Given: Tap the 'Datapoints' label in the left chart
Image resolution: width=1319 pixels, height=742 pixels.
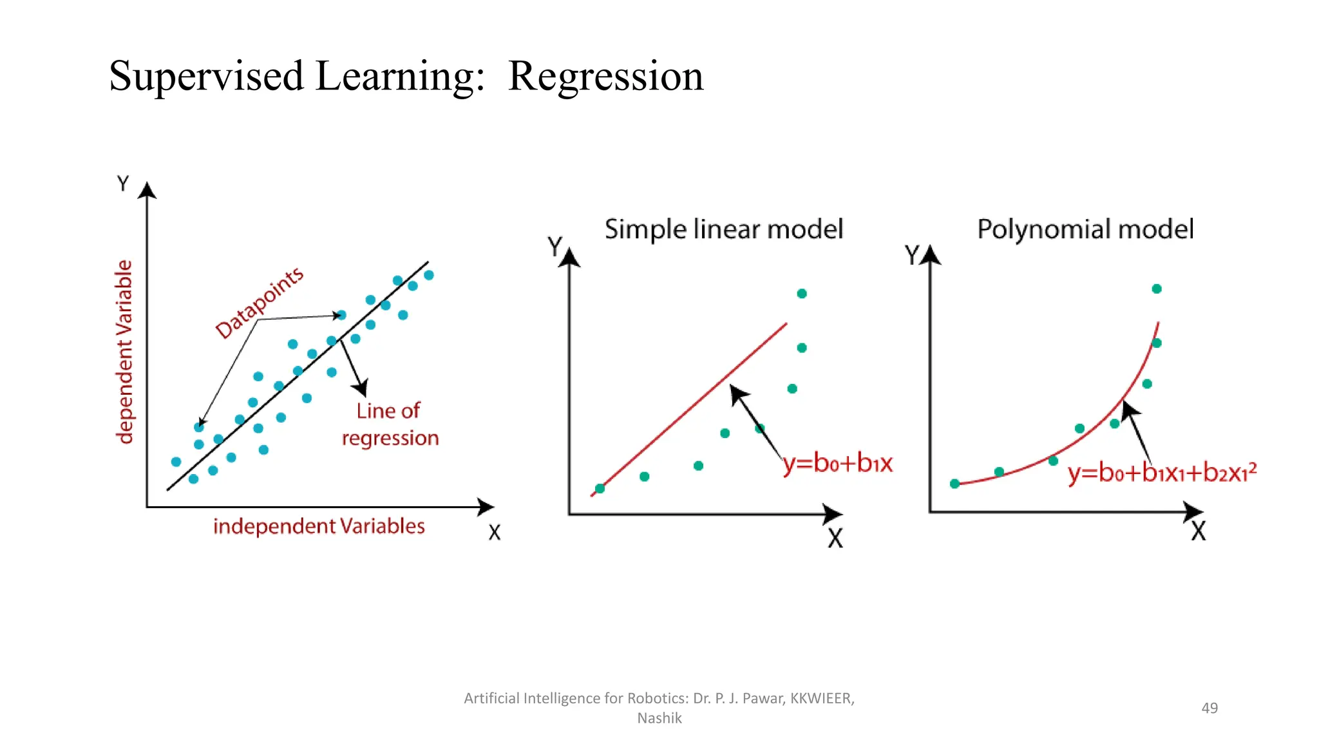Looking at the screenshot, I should pyautogui.click(x=259, y=303).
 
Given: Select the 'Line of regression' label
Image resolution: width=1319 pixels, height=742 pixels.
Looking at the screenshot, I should pyautogui.click(x=390, y=424).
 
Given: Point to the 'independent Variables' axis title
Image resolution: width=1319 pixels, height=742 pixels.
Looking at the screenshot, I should pyautogui.click(x=319, y=526).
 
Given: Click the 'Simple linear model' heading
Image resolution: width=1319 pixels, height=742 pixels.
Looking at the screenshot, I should pyautogui.click(x=723, y=229).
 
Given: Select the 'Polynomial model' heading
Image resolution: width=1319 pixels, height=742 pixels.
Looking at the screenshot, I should pyautogui.click(x=1085, y=229).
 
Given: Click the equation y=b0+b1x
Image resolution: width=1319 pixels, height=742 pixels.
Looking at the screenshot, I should pyautogui.click(x=838, y=463).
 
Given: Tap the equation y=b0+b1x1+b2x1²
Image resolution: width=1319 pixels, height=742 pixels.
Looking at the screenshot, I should pyautogui.click(x=1162, y=473).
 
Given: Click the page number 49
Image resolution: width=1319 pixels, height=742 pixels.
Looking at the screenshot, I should pyautogui.click(x=1210, y=708).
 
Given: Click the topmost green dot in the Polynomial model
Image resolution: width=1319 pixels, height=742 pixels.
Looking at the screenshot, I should pyautogui.click(x=1157, y=289).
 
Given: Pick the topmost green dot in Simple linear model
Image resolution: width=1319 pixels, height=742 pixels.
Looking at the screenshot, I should pyautogui.click(x=802, y=294).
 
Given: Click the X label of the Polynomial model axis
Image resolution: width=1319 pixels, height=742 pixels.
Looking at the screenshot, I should pyautogui.click(x=1198, y=531).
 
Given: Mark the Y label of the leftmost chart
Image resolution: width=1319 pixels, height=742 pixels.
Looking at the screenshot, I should pyautogui.click(x=123, y=184).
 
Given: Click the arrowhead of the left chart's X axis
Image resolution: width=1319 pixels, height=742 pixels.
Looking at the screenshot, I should pyautogui.click(x=487, y=507).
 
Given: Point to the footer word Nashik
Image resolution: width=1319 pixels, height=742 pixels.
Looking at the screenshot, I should pyautogui.click(x=659, y=718).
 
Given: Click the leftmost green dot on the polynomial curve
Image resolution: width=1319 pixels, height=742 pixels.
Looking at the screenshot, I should pyautogui.click(x=955, y=484).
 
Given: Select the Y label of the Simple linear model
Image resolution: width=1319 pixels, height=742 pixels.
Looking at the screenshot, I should pyautogui.click(x=555, y=246).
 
